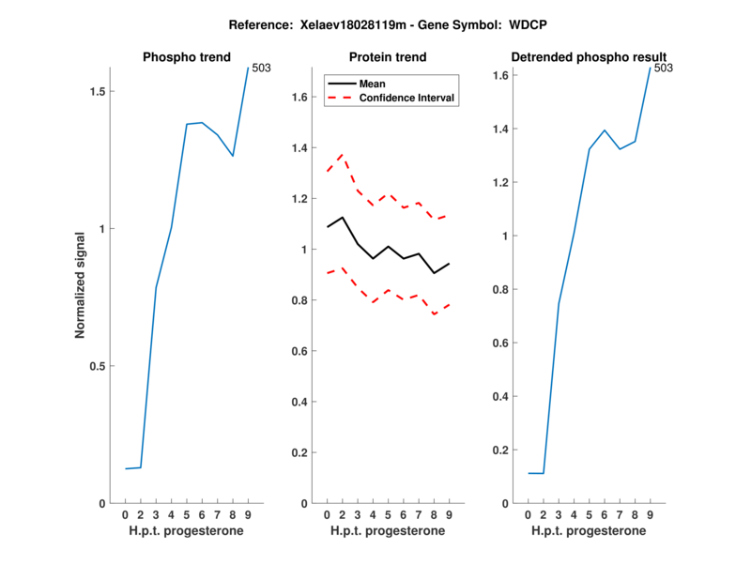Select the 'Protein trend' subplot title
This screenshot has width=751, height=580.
point(388,57)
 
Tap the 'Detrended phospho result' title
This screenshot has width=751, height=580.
point(589,57)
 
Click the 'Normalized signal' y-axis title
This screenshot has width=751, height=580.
point(81,284)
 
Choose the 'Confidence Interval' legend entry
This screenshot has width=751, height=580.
point(407,98)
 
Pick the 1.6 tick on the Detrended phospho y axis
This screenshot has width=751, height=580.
point(499,75)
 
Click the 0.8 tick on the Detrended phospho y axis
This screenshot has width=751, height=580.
point(499,289)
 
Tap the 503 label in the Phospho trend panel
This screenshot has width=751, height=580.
point(261,68)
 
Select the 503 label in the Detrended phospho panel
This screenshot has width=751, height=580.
point(663,68)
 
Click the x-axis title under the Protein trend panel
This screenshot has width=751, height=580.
point(388,531)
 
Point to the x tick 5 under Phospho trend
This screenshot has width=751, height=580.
point(187,514)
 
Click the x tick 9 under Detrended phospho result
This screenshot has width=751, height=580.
point(650,514)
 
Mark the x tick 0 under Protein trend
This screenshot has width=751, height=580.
point(327,514)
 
